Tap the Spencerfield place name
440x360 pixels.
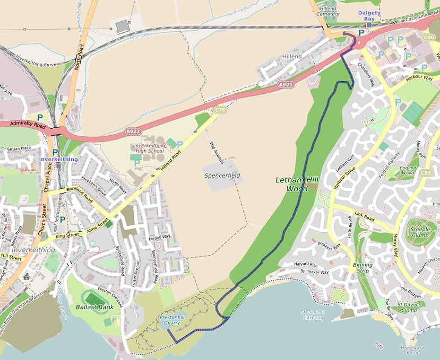tap(222, 175)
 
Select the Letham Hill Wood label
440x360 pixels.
tap(297, 184)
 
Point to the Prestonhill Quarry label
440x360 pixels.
tap(173, 320)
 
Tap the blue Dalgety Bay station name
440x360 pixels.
tap(366, 15)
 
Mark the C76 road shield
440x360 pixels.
tap(219, 110)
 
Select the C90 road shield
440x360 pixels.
tap(429, 38)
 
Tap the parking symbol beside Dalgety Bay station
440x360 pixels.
tap(361, 32)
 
